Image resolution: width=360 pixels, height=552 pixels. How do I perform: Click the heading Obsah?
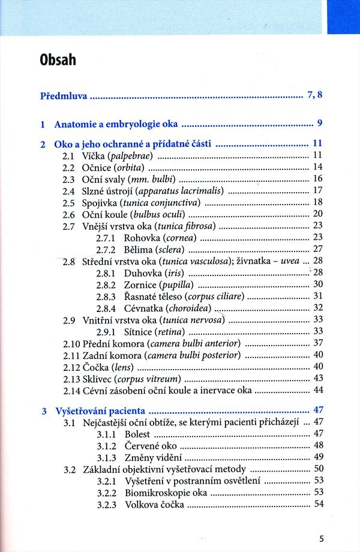click(58, 60)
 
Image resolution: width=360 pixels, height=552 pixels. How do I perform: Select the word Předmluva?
click(64, 95)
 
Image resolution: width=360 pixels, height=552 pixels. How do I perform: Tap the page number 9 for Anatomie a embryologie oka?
click(320, 124)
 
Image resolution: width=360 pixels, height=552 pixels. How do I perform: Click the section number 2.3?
click(69, 179)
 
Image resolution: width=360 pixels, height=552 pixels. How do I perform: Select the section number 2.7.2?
click(106, 249)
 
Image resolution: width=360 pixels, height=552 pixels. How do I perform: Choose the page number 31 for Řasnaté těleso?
click(318, 296)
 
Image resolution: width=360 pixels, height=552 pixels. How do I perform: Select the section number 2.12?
click(71, 367)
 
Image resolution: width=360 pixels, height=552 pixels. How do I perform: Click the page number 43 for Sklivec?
click(318, 378)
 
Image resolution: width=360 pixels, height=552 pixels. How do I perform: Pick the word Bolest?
click(138, 434)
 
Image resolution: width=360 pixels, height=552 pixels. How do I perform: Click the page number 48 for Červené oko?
click(318, 445)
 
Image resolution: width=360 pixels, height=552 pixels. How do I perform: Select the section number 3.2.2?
click(106, 493)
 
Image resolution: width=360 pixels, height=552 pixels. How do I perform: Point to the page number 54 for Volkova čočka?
click(318, 504)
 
